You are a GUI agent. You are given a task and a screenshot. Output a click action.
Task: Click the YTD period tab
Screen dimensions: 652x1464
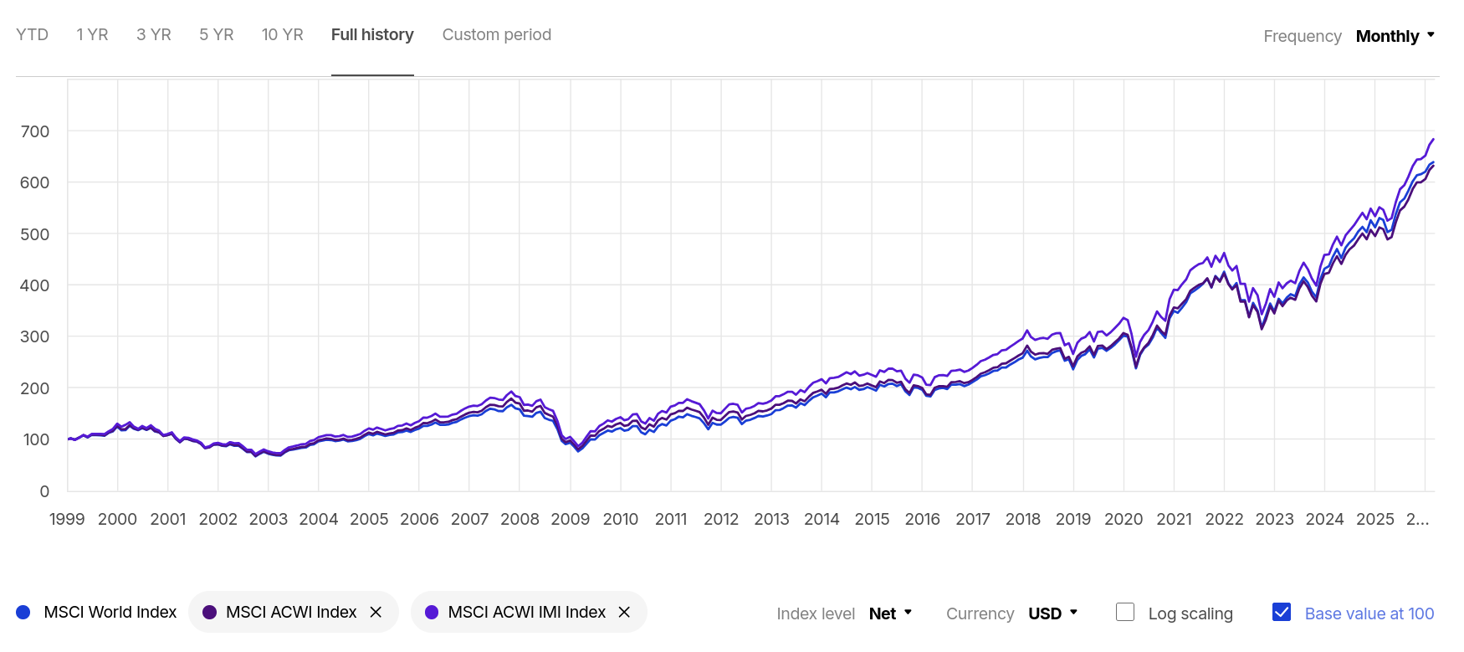(33, 35)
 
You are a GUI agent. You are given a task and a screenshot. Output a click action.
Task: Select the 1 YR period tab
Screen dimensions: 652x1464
(92, 35)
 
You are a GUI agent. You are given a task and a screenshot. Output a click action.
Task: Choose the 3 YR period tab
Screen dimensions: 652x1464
(154, 35)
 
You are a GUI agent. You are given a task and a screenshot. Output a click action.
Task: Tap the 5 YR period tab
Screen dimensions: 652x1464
(216, 35)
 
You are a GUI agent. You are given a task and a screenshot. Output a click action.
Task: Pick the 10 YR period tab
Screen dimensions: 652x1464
(282, 35)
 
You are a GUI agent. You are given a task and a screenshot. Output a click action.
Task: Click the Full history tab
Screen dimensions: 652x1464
(372, 35)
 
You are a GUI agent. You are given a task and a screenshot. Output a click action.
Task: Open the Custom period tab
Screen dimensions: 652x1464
(496, 35)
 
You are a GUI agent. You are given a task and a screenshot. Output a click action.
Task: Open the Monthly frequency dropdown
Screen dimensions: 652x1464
(1395, 36)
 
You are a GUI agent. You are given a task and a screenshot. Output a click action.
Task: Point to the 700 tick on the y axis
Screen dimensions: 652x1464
(34, 131)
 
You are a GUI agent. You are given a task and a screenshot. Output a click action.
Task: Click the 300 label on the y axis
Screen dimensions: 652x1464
(34, 336)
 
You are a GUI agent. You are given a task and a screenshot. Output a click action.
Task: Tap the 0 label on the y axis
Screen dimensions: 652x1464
(44, 491)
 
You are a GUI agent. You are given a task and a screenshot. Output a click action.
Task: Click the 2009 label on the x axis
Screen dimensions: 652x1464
(570, 519)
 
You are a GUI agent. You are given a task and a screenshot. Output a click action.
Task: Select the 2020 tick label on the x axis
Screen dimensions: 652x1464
(1123, 519)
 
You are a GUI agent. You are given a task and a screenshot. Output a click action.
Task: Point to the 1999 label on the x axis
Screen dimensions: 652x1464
(67, 519)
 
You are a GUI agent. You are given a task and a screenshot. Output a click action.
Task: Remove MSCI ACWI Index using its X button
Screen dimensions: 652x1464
(376, 613)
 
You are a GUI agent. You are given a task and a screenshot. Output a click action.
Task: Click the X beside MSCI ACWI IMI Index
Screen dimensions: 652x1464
(624, 613)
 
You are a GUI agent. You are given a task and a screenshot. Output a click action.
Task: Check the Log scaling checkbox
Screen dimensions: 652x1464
(1125, 613)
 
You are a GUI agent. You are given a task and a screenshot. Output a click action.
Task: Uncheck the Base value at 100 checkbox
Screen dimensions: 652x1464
(1282, 613)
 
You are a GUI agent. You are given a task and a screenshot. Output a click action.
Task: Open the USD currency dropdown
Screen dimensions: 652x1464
(1052, 613)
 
